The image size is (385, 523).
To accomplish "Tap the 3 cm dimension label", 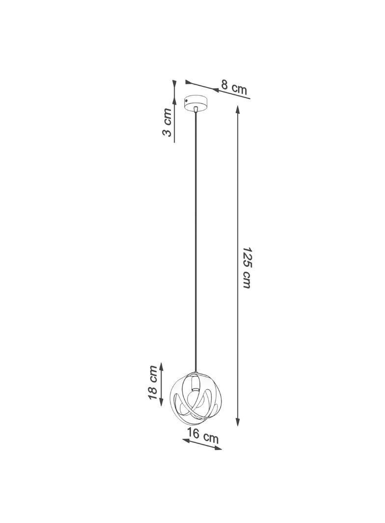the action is pyautogui.click(x=167, y=122).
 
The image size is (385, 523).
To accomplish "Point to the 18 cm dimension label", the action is pyautogui.click(x=152, y=382).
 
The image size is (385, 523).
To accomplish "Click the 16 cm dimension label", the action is pyautogui.click(x=203, y=436).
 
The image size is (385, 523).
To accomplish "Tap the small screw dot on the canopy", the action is pyautogui.click(x=187, y=100).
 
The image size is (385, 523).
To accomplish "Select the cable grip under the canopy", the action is pyautogui.click(x=195, y=109).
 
